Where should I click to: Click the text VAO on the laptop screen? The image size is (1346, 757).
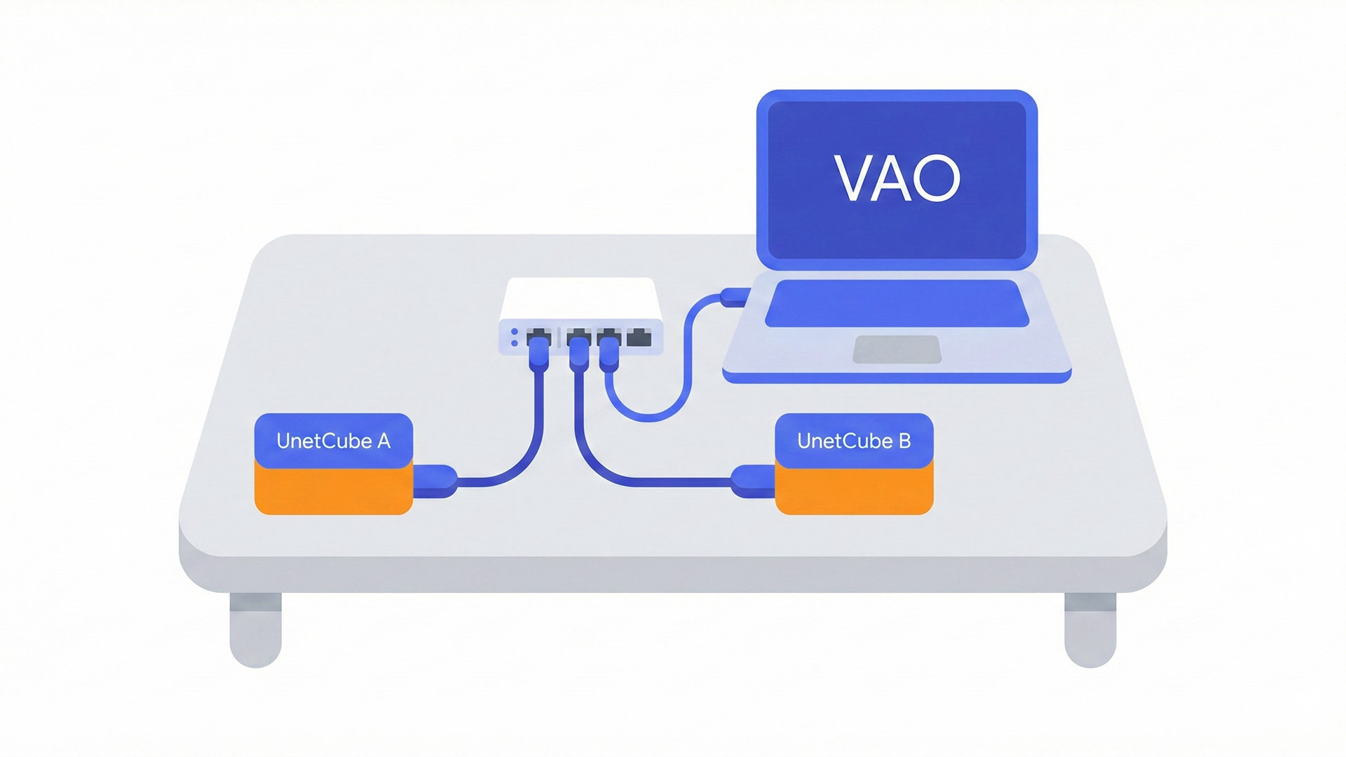tap(897, 178)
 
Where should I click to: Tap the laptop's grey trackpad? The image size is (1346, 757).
tap(897, 349)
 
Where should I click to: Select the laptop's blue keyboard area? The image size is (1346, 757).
tap(897, 304)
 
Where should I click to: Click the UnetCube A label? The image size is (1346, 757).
tap(333, 441)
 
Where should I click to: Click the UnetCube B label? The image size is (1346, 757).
tap(853, 441)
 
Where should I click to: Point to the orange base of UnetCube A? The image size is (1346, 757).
tap(333, 491)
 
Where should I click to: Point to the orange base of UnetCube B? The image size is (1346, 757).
tap(854, 493)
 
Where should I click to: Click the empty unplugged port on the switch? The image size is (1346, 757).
tap(639, 339)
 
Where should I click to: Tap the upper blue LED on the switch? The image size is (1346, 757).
tap(515, 332)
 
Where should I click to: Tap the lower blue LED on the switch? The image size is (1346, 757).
tap(515, 343)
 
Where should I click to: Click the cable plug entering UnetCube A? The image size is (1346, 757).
tap(435, 481)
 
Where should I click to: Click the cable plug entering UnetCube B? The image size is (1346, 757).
tap(753, 481)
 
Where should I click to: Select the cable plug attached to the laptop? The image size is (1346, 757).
tap(735, 297)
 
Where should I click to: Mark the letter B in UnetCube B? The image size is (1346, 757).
tap(904, 441)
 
